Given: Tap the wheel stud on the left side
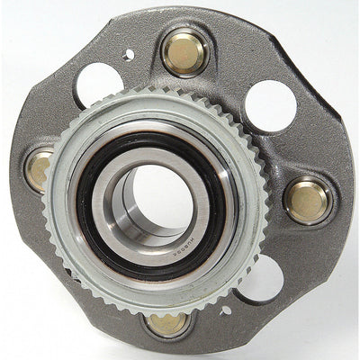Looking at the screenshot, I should (x=39, y=169).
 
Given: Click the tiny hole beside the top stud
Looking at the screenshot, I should (x=130, y=55).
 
